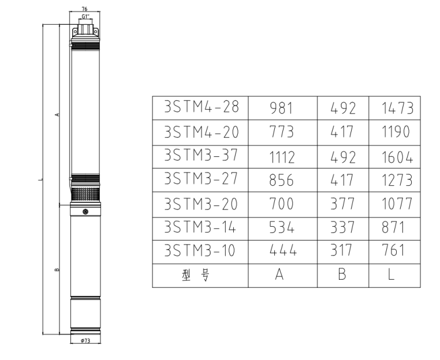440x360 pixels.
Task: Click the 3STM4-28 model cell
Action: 201,107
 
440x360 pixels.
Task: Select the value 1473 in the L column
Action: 397,108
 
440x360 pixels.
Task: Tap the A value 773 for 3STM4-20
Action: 281,132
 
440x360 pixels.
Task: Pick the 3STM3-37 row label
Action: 201,155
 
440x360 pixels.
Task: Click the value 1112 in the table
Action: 282,157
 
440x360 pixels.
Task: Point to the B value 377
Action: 342,204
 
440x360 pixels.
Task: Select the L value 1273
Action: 397,180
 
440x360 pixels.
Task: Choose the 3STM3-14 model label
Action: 200,227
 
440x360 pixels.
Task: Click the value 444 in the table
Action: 282,250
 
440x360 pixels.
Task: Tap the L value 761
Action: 393,250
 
